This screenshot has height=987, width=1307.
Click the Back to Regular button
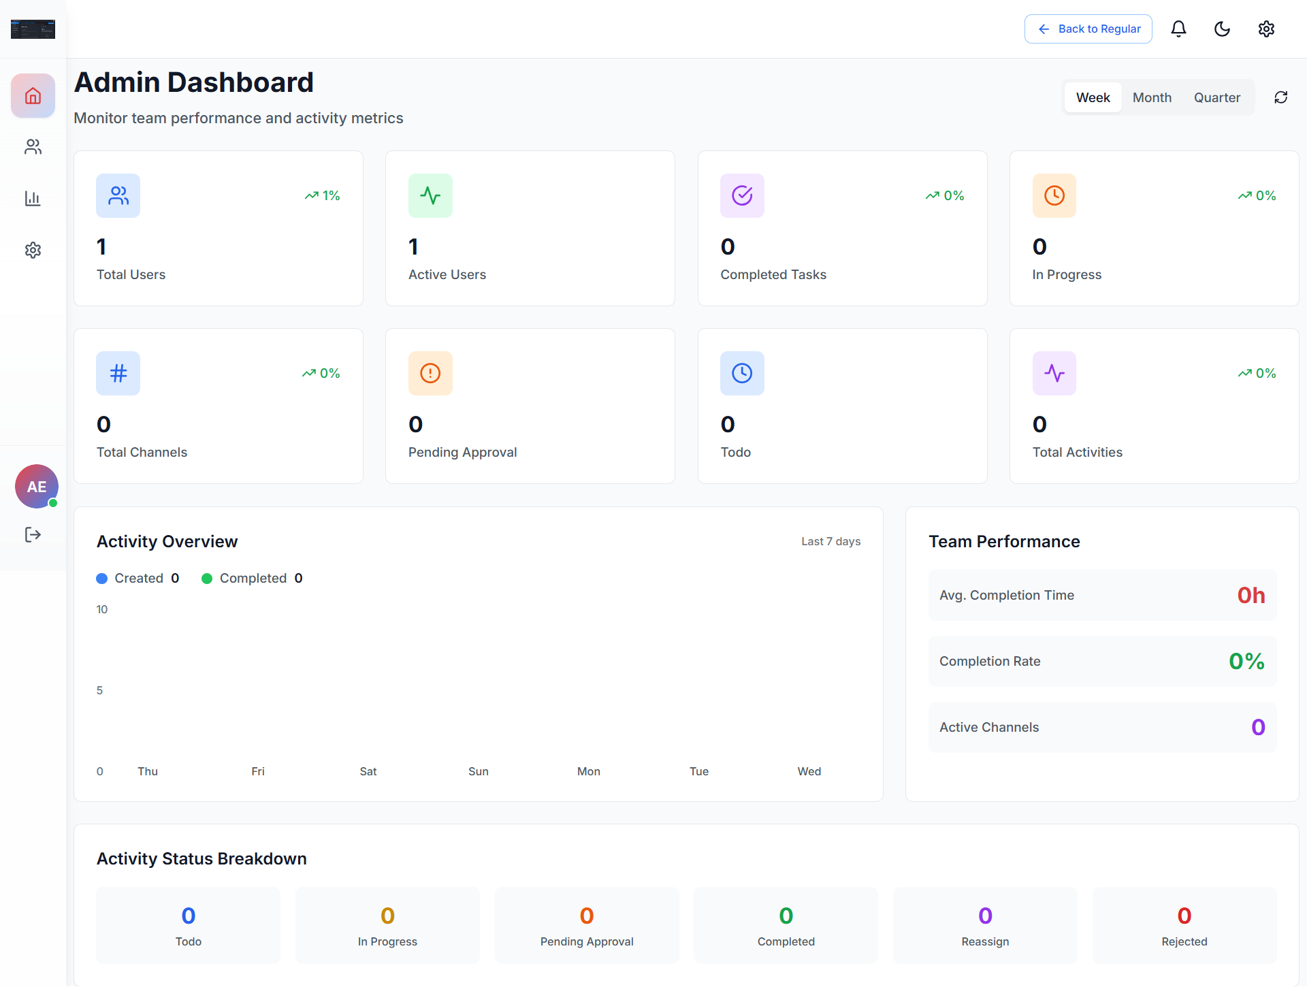(x=1088, y=29)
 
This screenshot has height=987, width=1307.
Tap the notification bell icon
(x=1178, y=29)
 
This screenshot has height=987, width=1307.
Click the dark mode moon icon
(x=1222, y=29)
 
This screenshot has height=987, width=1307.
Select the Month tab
(x=1152, y=97)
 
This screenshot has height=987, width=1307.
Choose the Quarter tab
(x=1216, y=97)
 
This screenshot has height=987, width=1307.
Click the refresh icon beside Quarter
(x=1280, y=97)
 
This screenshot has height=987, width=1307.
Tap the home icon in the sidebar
(x=33, y=95)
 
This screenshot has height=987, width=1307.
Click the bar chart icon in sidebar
(x=33, y=198)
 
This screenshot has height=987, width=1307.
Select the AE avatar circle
(x=37, y=486)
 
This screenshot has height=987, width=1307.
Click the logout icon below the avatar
(x=33, y=534)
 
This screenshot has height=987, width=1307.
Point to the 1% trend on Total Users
(x=323, y=195)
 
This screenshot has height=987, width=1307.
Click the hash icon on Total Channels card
(x=118, y=373)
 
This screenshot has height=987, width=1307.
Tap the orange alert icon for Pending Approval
(x=430, y=373)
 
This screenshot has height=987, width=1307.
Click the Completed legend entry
(x=252, y=578)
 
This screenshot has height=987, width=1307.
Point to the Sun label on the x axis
(x=478, y=771)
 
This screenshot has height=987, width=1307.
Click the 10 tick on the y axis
(x=101, y=609)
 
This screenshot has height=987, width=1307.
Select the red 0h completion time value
(x=1250, y=595)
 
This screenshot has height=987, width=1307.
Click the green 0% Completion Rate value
(x=1246, y=661)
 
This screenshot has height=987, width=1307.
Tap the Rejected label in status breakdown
(x=1184, y=941)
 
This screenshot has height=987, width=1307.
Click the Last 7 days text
(x=830, y=541)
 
